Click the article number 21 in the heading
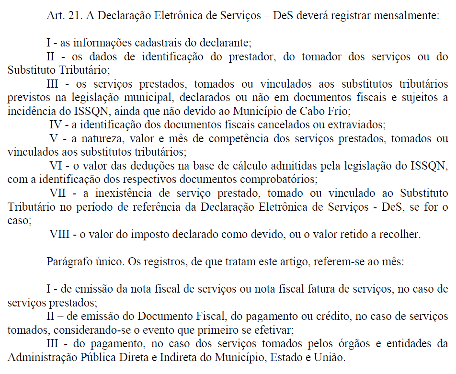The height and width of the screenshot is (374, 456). pos(72,15)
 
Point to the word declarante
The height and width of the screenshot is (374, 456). pos(225,43)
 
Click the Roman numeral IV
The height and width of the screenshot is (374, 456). pos(56,125)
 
